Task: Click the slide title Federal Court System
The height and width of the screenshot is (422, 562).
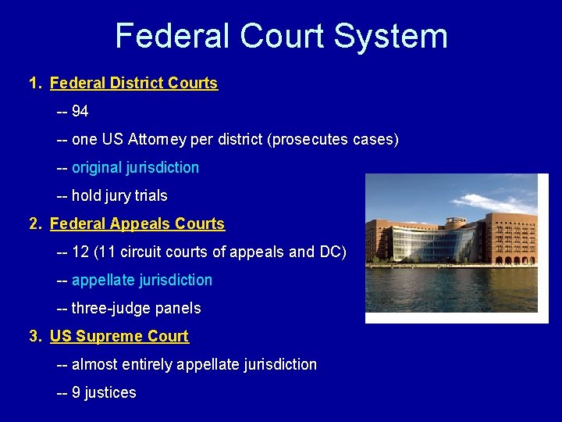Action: pos(281,36)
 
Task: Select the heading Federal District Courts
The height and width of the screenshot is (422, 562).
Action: pos(133,83)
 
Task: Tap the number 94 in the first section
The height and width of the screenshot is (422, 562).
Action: pos(80,111)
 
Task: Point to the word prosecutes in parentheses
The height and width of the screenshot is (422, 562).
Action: pos(307,139)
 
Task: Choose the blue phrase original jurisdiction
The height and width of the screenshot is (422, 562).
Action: pos(135,167)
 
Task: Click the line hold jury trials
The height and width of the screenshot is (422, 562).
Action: pos(119,195)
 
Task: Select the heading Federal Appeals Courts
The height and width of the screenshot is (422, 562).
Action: pos(137,224)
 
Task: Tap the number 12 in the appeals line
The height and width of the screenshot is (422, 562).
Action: pos(80,252)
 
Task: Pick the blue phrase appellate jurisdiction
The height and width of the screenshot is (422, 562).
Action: pos(141,280)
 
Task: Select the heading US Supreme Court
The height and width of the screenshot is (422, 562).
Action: pos(119,336)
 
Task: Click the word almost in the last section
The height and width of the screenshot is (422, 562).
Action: pos(94,364)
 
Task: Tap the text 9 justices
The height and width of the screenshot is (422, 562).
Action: pos(104,392)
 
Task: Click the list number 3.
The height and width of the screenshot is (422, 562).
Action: pos(34,336)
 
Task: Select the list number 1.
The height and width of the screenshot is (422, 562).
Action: pos(34,83)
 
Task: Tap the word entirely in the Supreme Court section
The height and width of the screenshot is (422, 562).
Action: pos(147,364)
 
